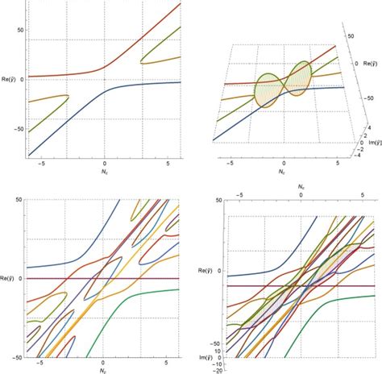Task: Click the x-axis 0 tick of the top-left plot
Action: [x=104, y=163]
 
